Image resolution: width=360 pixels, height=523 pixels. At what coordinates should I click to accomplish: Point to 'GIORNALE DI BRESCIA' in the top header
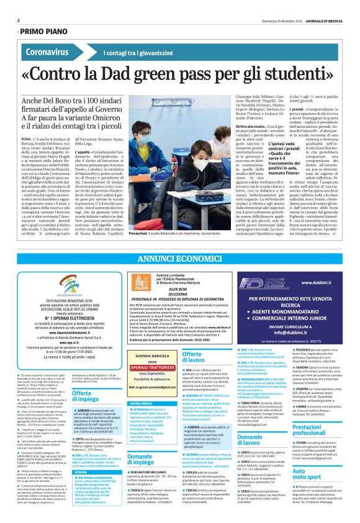tap(325, 20)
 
